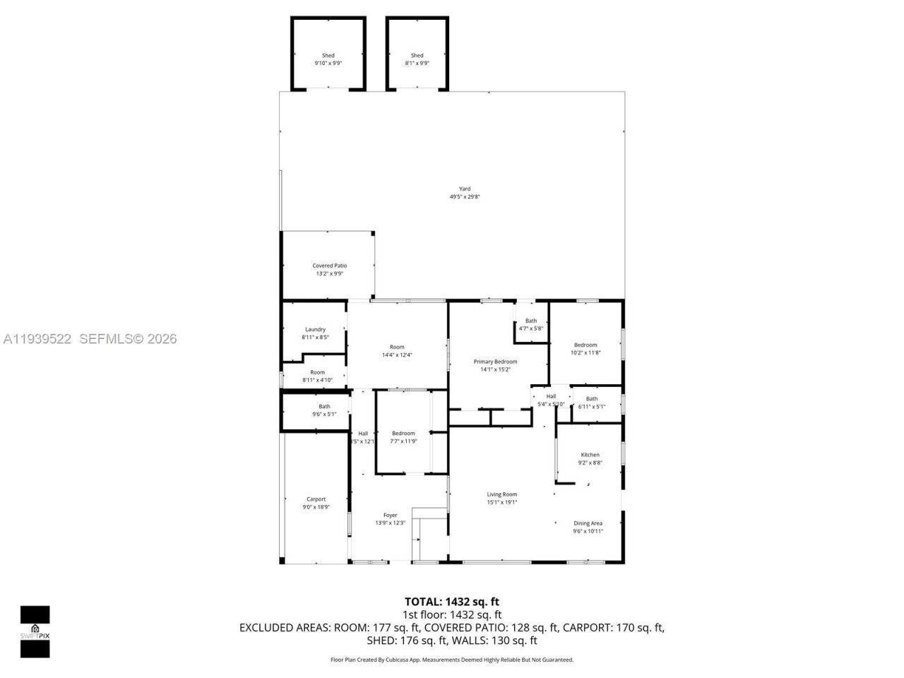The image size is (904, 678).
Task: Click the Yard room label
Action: (x=465, y=189)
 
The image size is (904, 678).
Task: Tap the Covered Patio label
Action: (x=330, y=266)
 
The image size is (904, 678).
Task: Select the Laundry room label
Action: (x=315, y=329)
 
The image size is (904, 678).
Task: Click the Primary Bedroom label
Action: (x=495, y=362)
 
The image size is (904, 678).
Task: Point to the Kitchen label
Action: (x=590, y=455)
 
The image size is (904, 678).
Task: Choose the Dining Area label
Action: (x=588, y=523)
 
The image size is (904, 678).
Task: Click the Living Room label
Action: (x=501, y=494)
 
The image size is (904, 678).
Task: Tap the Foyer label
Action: (x=390, y=515)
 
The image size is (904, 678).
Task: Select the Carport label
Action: (x=316, y=499)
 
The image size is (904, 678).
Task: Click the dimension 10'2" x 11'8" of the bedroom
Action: (x=585, y=352)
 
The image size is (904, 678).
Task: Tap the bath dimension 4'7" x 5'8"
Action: (x=530, y=328)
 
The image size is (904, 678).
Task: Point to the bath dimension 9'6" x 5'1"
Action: (x=324, y=415)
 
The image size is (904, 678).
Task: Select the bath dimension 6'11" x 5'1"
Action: (x=591, y=407)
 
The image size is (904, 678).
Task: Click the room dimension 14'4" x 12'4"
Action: (x=397, y=355)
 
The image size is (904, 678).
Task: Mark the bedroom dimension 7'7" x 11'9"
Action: (x=403, y=441)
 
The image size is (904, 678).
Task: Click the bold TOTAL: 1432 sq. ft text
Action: (x=452, y=602)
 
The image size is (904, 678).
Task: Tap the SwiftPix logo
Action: (x=35, y=631)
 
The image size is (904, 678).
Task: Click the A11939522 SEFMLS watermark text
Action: (x=89, y=339)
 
